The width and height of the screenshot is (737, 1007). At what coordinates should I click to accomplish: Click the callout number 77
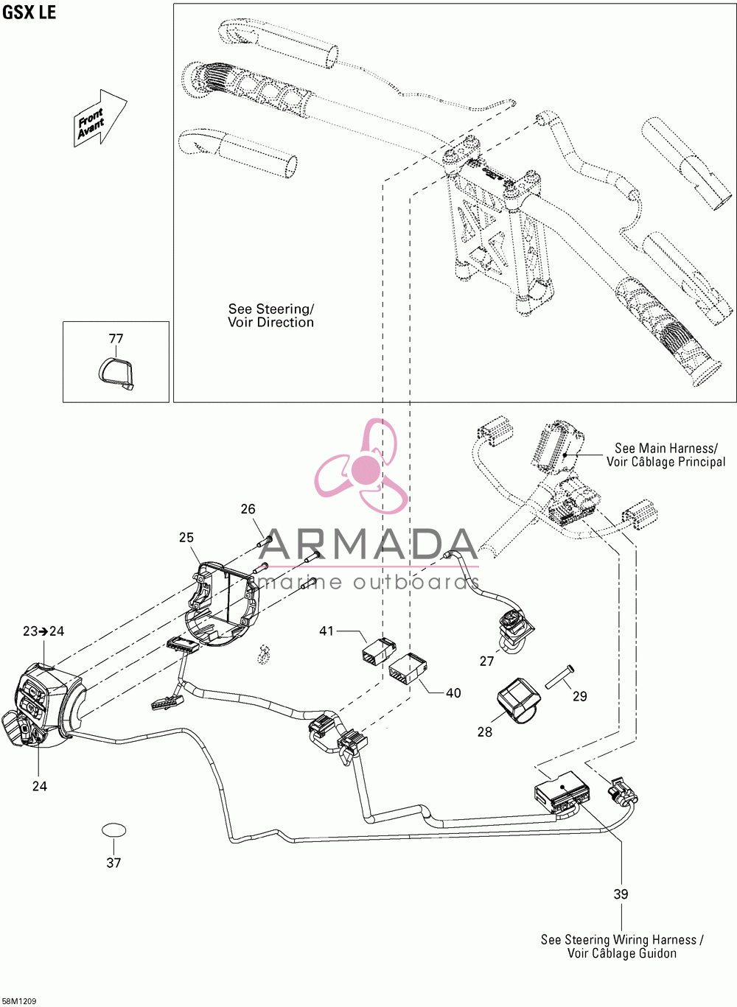coord(116,339)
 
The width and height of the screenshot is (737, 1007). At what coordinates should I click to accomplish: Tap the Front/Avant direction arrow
coord(100,118)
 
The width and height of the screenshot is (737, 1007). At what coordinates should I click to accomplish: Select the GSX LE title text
coord(29,13)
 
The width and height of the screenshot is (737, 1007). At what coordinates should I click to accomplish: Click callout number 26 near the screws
coord(248,509)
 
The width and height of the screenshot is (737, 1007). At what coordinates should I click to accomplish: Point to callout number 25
coord(186,537)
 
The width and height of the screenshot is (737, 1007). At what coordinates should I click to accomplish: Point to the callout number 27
coord(486,662)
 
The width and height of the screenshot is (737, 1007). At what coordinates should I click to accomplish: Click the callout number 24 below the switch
coord(40,786)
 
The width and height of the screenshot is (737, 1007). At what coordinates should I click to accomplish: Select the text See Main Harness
coord(666,448)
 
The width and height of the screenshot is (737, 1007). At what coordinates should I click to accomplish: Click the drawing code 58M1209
coord(18,1001)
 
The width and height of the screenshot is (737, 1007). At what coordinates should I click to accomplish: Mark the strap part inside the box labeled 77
coord(116,372)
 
